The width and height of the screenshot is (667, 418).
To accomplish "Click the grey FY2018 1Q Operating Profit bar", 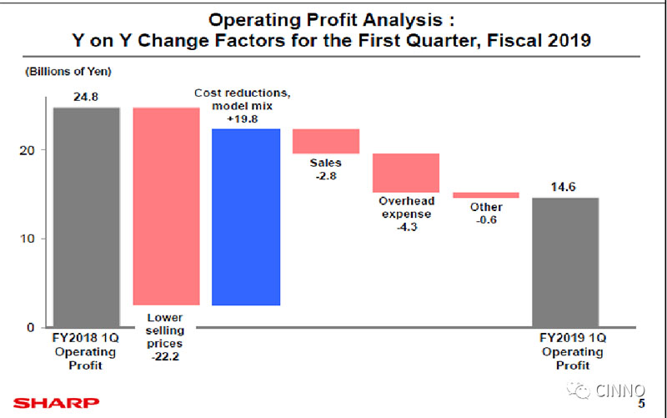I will [87, 217].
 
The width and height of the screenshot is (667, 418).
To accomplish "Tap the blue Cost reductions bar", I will [246, 217].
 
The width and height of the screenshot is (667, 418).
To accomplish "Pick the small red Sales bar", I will [325, 141].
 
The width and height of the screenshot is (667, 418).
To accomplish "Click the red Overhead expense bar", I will [406, 173].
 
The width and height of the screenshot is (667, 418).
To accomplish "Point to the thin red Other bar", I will [486, 195].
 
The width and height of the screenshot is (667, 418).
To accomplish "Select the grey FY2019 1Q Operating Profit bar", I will [565, 262].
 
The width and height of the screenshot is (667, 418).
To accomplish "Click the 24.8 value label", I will [86, 97].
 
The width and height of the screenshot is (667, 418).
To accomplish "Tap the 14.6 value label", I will [564, 187].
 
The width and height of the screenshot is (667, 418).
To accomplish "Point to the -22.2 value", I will [165, 357].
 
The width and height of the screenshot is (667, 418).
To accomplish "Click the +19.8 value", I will [246, 118].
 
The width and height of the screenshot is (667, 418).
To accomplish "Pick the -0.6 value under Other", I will [486, 220].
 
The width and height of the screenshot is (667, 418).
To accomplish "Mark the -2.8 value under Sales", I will [326, 177].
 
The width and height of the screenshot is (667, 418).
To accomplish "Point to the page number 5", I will [641, 404].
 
